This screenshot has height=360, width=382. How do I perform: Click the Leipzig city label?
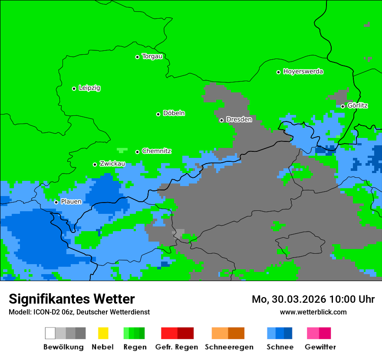point(89,88)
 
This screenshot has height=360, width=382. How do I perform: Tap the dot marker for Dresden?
point(221,120)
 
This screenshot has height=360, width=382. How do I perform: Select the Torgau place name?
point(152,56)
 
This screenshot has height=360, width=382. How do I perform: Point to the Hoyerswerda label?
point(303,72)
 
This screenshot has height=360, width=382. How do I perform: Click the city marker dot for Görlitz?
point(342,106)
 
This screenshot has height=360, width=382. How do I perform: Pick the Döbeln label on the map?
point(174,113)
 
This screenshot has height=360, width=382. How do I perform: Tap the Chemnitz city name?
point(156,151)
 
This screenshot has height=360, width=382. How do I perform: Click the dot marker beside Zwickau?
point(95,164)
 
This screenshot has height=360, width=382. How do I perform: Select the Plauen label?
point(71,202)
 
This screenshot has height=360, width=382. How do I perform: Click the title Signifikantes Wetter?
point(72,299)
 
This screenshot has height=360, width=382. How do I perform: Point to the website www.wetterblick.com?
point(313,312)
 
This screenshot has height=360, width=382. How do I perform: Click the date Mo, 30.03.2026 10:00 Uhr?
point(313,299)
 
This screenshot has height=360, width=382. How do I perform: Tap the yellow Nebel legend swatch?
point(103,333)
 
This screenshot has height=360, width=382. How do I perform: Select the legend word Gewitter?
point(320,347)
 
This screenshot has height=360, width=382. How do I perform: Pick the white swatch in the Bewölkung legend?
point(50,333)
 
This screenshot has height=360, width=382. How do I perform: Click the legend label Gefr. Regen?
point(177,347)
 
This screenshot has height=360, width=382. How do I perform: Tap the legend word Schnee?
point(280,347)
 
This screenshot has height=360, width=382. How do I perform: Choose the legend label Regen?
point(134,347)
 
